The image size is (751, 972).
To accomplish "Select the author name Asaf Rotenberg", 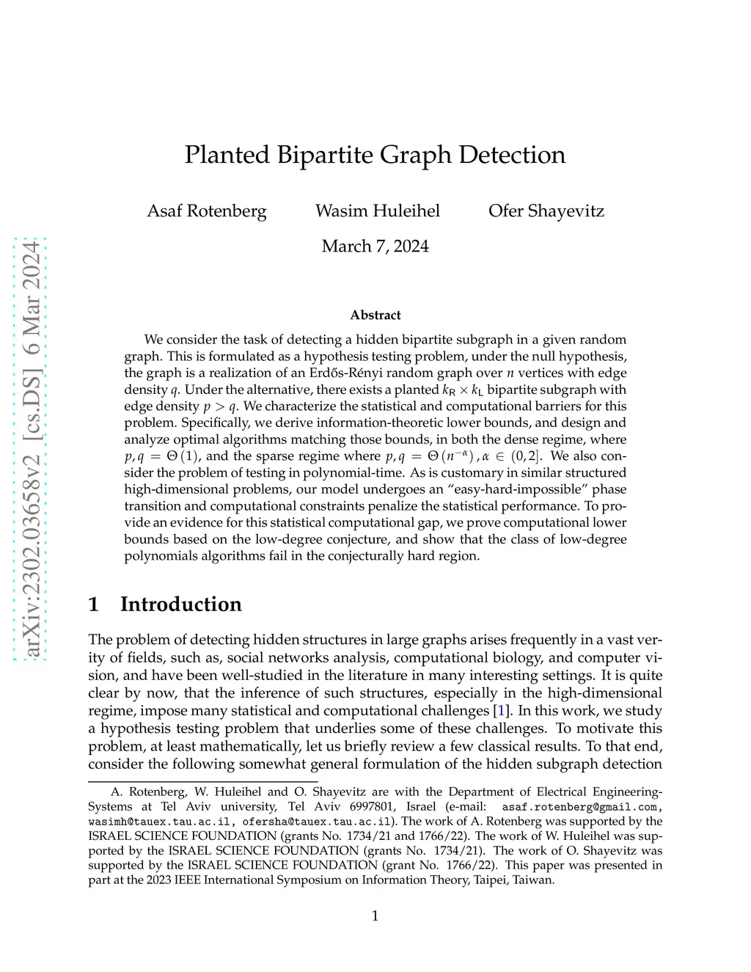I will click(207, 211).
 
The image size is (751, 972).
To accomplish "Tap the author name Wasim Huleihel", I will click(378, 211).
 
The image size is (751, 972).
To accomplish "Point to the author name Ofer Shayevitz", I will click(546, 211).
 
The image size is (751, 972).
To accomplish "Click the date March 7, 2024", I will click(375, 246).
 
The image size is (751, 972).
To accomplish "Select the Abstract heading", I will click(375, 315).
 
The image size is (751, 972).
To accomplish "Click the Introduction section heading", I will click(180, 604).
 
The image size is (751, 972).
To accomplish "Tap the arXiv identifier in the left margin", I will click(31, 449).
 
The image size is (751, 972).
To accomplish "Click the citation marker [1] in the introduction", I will click(502, 710).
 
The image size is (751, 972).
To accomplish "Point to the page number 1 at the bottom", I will click(375, 916).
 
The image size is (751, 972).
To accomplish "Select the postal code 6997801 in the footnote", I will click(367, 807).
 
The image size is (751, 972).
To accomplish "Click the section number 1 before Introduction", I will click(94, 604).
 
